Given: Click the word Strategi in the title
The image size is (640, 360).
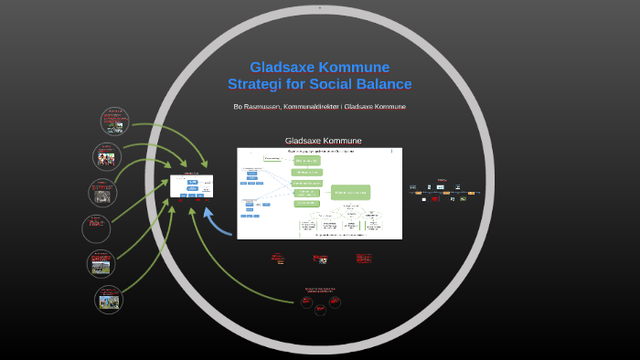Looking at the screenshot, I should click(258, 84).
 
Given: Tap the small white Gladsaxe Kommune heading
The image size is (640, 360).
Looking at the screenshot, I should click(323, 141).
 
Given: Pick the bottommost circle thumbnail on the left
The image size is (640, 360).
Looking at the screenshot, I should click(109, 299).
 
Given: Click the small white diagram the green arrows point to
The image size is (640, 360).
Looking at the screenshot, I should click(192, 186).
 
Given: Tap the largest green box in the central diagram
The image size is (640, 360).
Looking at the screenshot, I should click(351, 192).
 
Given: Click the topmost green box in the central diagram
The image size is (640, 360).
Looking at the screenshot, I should click(306, 160).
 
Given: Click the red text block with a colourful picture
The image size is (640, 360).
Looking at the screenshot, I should click(320, 259).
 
